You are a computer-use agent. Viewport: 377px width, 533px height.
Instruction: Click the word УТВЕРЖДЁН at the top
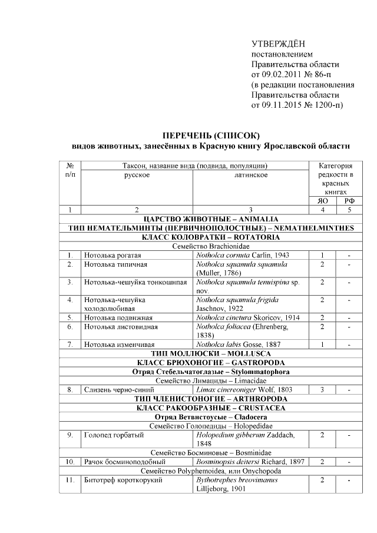point(279,44)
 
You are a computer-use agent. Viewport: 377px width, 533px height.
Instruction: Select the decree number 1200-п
point(323,105)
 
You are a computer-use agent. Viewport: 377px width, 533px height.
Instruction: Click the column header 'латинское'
point(251,175)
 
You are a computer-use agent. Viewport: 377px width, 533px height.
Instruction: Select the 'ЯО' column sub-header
point(322,200)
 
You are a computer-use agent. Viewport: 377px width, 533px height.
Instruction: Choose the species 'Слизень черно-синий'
point(118,389)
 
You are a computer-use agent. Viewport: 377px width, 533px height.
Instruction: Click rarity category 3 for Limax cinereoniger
point(322,389)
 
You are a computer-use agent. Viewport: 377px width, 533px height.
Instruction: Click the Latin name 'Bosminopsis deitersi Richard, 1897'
point(251,462)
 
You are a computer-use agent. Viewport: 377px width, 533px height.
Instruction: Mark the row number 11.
point(70,480)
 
